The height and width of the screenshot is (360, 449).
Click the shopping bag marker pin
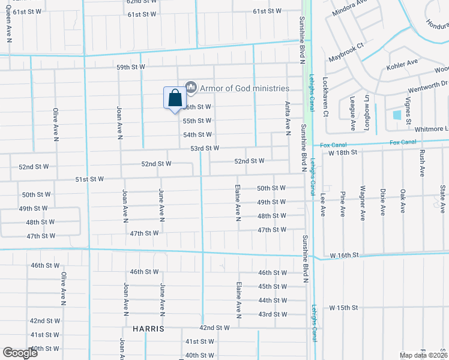point(175,98)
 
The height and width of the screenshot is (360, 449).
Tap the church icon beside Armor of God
point(191,88)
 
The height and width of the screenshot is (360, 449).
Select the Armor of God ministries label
point(244,88)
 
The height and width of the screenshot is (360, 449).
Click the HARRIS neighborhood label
point(148,329)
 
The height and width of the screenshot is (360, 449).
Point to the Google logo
point(20,353)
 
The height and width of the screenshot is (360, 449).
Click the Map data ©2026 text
point(424,355)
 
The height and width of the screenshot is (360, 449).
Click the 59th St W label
point(131,67)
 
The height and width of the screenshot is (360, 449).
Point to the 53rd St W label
point(205,148)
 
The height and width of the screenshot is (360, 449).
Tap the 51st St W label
point(89,179)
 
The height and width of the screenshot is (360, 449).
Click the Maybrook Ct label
point(346,53)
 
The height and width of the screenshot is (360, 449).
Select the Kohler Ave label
point(402,62)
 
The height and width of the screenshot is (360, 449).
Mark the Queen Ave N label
point(9,29)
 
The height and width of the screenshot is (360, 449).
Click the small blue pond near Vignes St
point(397,114)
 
